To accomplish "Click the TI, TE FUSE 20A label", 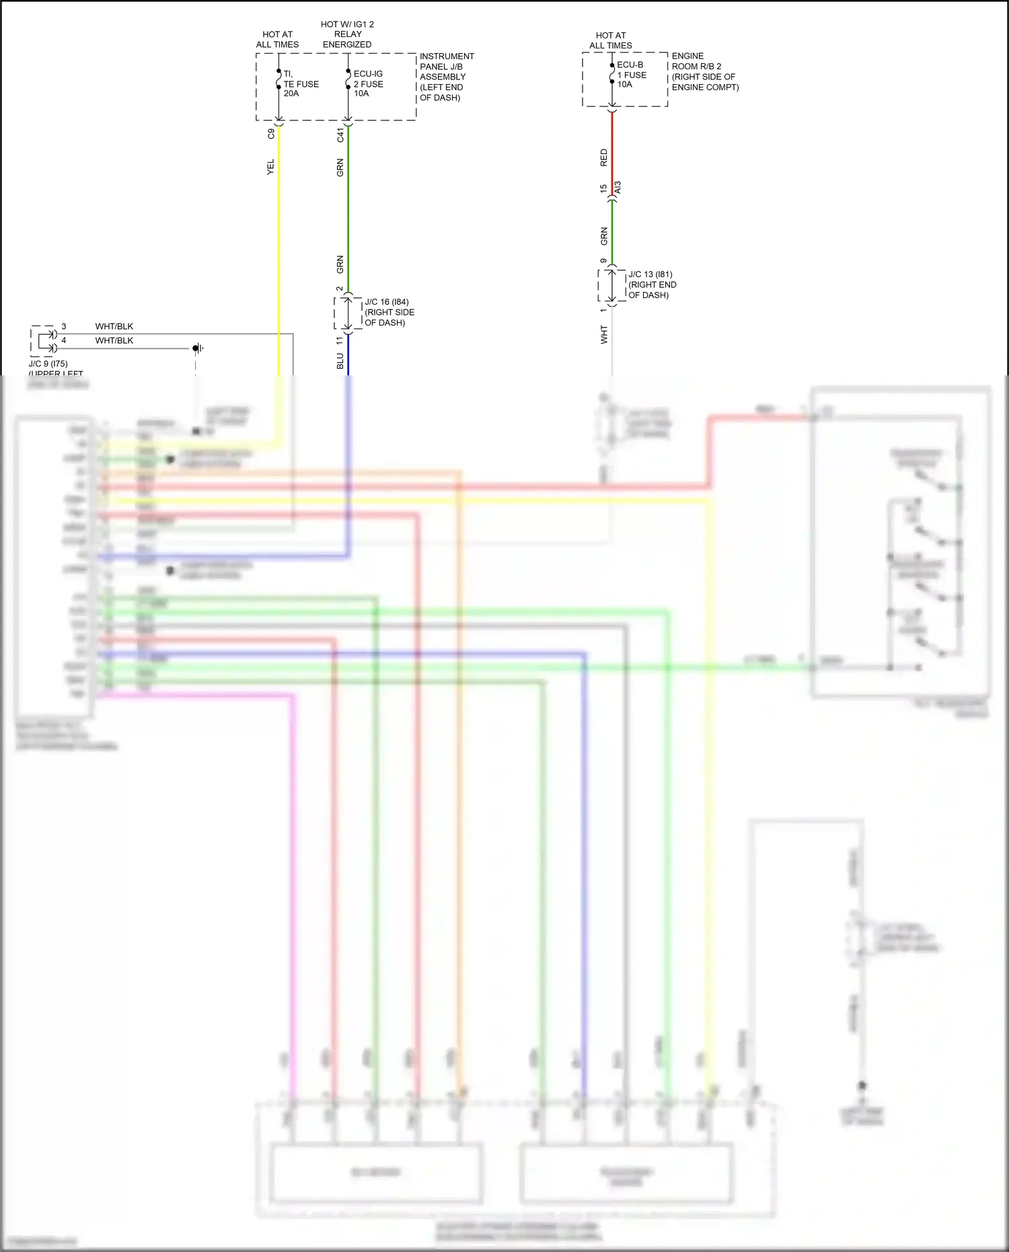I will [x=301, y=84].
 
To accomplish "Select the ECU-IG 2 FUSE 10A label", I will [x=368, y=84].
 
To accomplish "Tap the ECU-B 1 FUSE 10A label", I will [x=632, y=75].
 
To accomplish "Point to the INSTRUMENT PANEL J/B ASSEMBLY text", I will [x=446, y=77].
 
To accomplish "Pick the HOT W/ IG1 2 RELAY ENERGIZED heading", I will [x=347, y=34].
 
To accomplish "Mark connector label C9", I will [x=271, y=134].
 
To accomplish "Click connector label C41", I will [x=340, y=135].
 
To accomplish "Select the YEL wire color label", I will [x=270, y=167].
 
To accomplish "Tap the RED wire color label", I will [x=603, y=158].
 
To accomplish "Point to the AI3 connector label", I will [x=618, y=188].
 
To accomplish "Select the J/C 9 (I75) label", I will [x=48, y=364].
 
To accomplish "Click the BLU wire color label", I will [x=340, y=361].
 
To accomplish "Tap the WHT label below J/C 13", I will [x=603, y=334].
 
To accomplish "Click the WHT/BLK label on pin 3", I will [x=114, y=326].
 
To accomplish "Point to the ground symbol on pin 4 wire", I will [x=198, y=348].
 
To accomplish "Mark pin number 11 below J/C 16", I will [x=340, y=341].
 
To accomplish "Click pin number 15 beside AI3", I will [x=603, y=188].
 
